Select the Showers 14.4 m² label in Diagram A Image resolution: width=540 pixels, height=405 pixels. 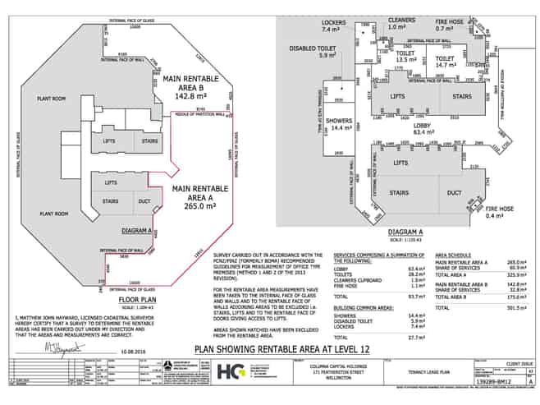click(x=339, y=125)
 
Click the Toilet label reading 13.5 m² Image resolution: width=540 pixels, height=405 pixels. click(x=408, y=56)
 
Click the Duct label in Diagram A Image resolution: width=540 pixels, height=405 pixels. click(x=454, y=193)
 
